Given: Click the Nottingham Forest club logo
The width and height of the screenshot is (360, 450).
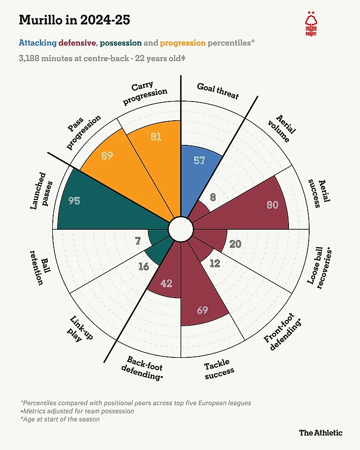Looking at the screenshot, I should coord(311,25).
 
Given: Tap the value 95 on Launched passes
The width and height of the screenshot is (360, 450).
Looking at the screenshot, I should coord(74,201).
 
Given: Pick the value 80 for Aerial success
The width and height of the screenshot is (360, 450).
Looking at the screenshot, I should coord(273,205).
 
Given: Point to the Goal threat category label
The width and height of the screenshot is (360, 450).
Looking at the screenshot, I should coord(217,91).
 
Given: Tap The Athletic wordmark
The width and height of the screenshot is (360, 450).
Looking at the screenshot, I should coord(321,433).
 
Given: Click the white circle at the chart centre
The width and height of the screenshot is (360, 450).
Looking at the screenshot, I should coord(180,229).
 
